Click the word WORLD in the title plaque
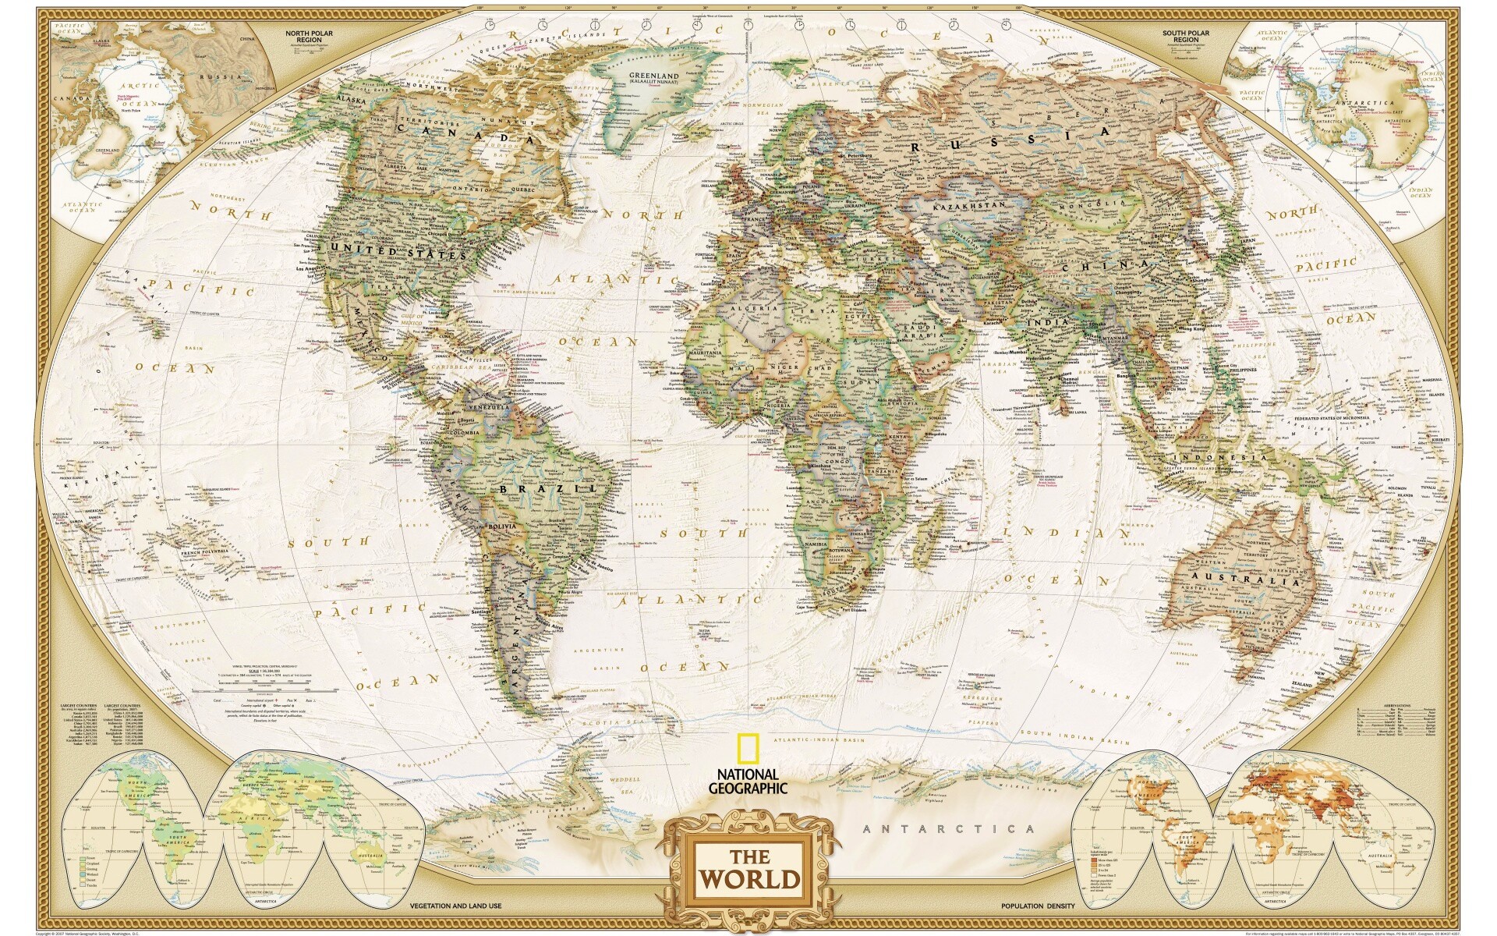coord(748,878)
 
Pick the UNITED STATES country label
coord(398,251)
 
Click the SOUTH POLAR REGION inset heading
coord(1186,36)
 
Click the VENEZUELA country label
coord(488,407)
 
